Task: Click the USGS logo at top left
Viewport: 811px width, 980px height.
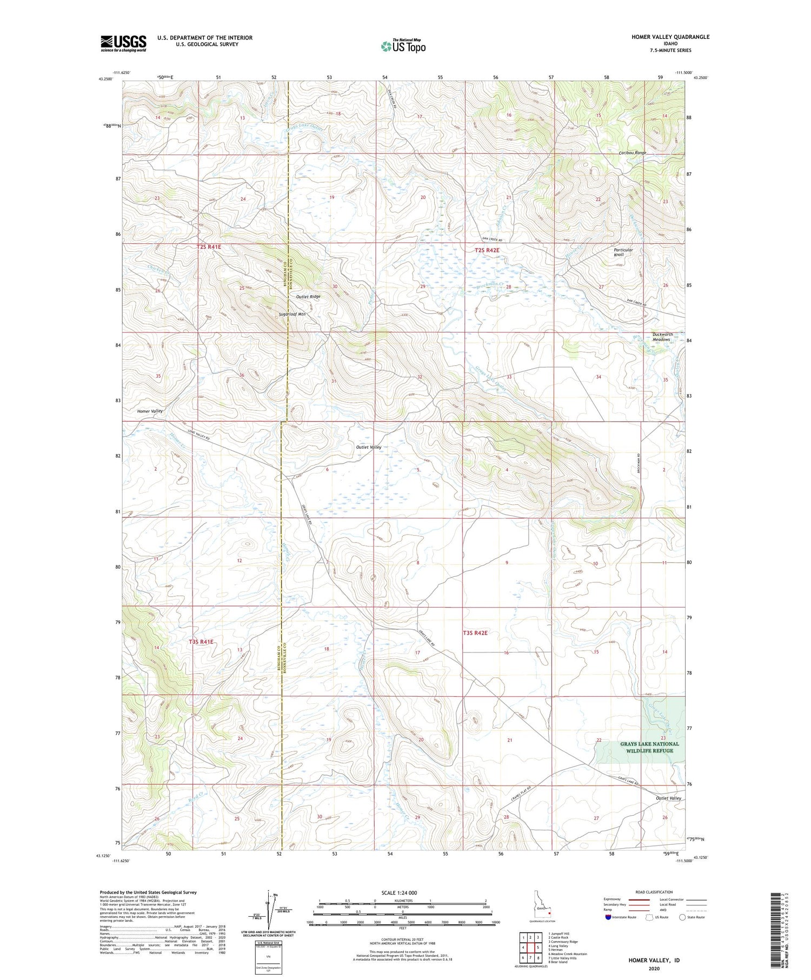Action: pos(123,43)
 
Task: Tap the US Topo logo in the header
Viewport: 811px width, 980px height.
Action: pos(403,46)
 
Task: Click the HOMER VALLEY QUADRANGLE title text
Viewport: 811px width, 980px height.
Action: pos(670,37)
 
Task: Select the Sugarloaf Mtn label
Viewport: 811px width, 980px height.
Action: pos(292,314)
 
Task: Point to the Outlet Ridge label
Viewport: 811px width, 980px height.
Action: pos(308,297)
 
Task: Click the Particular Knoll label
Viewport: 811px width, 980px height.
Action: pos(623,252)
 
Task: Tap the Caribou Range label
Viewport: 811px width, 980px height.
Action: pos(632,153)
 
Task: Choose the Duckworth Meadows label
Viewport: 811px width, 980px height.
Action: pos(662,337)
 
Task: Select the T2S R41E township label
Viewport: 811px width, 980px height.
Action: pos(209,247)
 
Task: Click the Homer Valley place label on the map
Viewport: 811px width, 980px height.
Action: pos(150,411)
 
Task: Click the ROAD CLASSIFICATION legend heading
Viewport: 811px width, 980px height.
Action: pos(654,892)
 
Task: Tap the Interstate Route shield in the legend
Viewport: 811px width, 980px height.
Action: pos(608,917)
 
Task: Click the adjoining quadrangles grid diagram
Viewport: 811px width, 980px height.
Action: pos(530,946)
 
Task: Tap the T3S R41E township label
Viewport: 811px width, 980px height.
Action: pos(201,642)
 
